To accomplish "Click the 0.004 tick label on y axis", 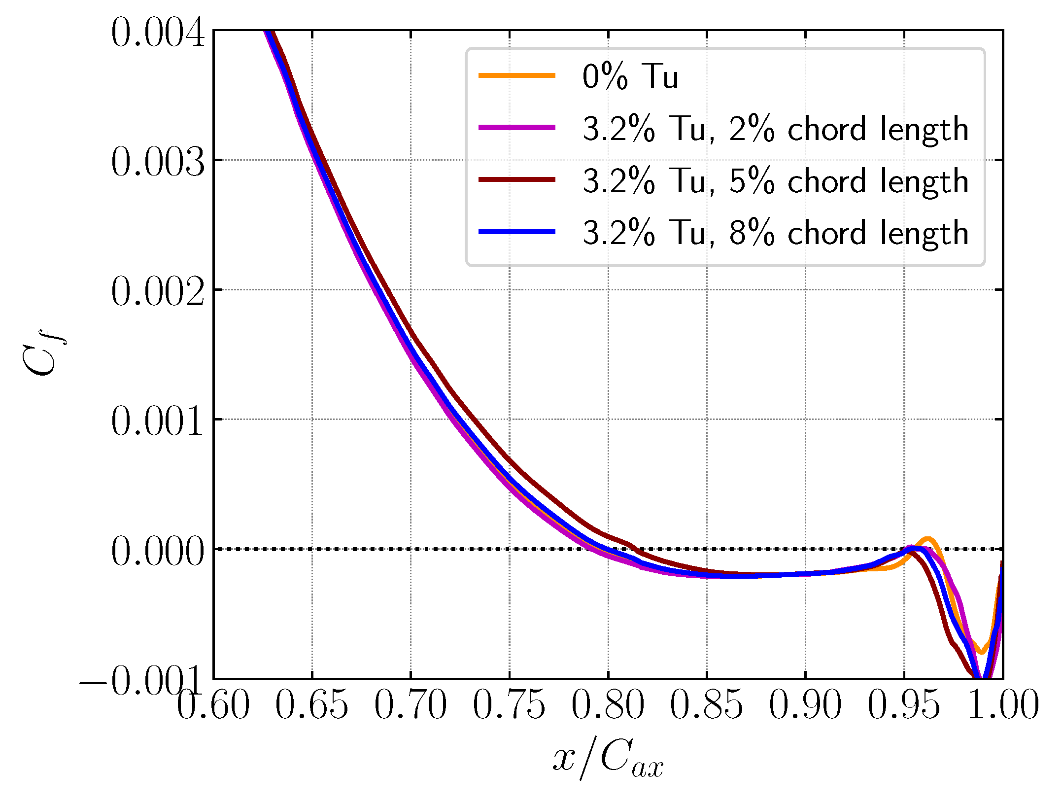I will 158,33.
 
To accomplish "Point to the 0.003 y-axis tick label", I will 158,163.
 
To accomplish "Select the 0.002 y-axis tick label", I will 158,292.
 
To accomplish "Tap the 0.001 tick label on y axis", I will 158,422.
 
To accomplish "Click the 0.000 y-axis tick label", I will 158,552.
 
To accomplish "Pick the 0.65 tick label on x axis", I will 312,705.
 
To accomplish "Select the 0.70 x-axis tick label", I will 411,705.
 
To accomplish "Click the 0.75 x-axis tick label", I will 509,705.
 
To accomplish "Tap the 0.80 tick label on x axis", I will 608,705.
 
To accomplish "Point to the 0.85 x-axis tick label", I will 707,705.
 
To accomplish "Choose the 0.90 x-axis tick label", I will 805,705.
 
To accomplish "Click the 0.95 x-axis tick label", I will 904,705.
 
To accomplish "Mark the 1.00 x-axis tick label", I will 1003,705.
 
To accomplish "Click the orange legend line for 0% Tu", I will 517,75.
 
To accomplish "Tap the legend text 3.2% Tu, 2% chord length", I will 775,129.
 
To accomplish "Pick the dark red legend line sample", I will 517,179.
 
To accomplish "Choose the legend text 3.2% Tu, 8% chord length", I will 775,233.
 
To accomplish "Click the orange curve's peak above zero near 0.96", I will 927,539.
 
